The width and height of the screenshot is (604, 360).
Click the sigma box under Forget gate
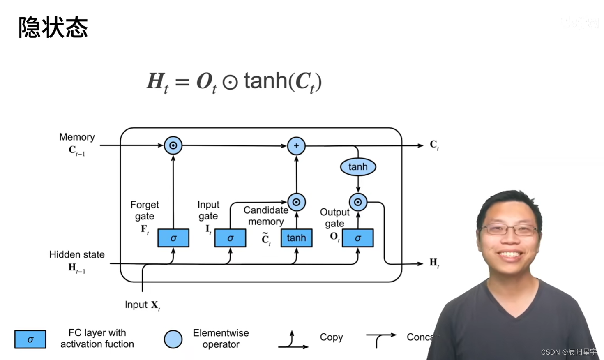pyautogui.click(x=173, y=238)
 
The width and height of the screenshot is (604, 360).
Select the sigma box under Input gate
pyautogui.click(x=230, y=238)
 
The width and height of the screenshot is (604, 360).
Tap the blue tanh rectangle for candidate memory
pyautogui.click(x=296, y=238)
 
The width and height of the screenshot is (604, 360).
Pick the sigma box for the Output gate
pyautogui.click(x=358, y=238)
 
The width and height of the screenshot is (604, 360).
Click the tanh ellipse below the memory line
pyautogui.click(x=358, y=167)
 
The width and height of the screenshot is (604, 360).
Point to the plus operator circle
pyautogui.click(x=296, y=146)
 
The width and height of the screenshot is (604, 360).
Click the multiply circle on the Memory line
pyautogui.click(x=173, y=145)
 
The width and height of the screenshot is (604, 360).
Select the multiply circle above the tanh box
pyautogui.click(x=296, y=202)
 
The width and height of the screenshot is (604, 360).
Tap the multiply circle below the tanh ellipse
pyautogui.click(x=358, y=202)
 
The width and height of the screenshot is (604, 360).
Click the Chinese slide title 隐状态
pyautogui.click(x=53, y=28)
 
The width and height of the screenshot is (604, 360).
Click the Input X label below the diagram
pyautogui.click(x=142, y=305)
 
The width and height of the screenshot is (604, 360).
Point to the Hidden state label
pyautogui.click(x=77, y=255)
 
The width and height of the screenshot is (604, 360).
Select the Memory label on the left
pyautogui.click(x=77, y=137)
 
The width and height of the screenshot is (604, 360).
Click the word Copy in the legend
pyautogui.click(x=331, y=337)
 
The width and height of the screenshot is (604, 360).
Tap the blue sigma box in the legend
pyautogui.click(x=30, y=339)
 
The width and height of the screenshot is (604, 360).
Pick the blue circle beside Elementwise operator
pyautogui.click(x=173, y=339)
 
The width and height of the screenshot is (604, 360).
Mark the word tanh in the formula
pyautogui.click(x=265, y=81)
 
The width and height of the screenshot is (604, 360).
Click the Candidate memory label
pyautogui.click(x=266, y=216)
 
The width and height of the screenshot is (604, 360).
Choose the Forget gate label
pyautogui.click(x=145, y=210)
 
